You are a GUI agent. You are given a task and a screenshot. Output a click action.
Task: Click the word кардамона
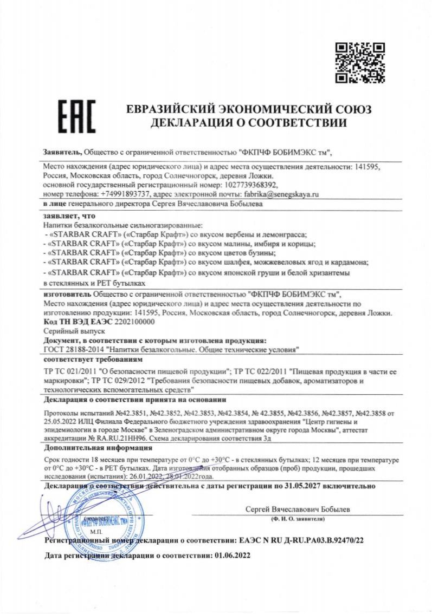(347, 262)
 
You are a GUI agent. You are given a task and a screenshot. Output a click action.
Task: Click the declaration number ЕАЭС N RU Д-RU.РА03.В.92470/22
(301, 540)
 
